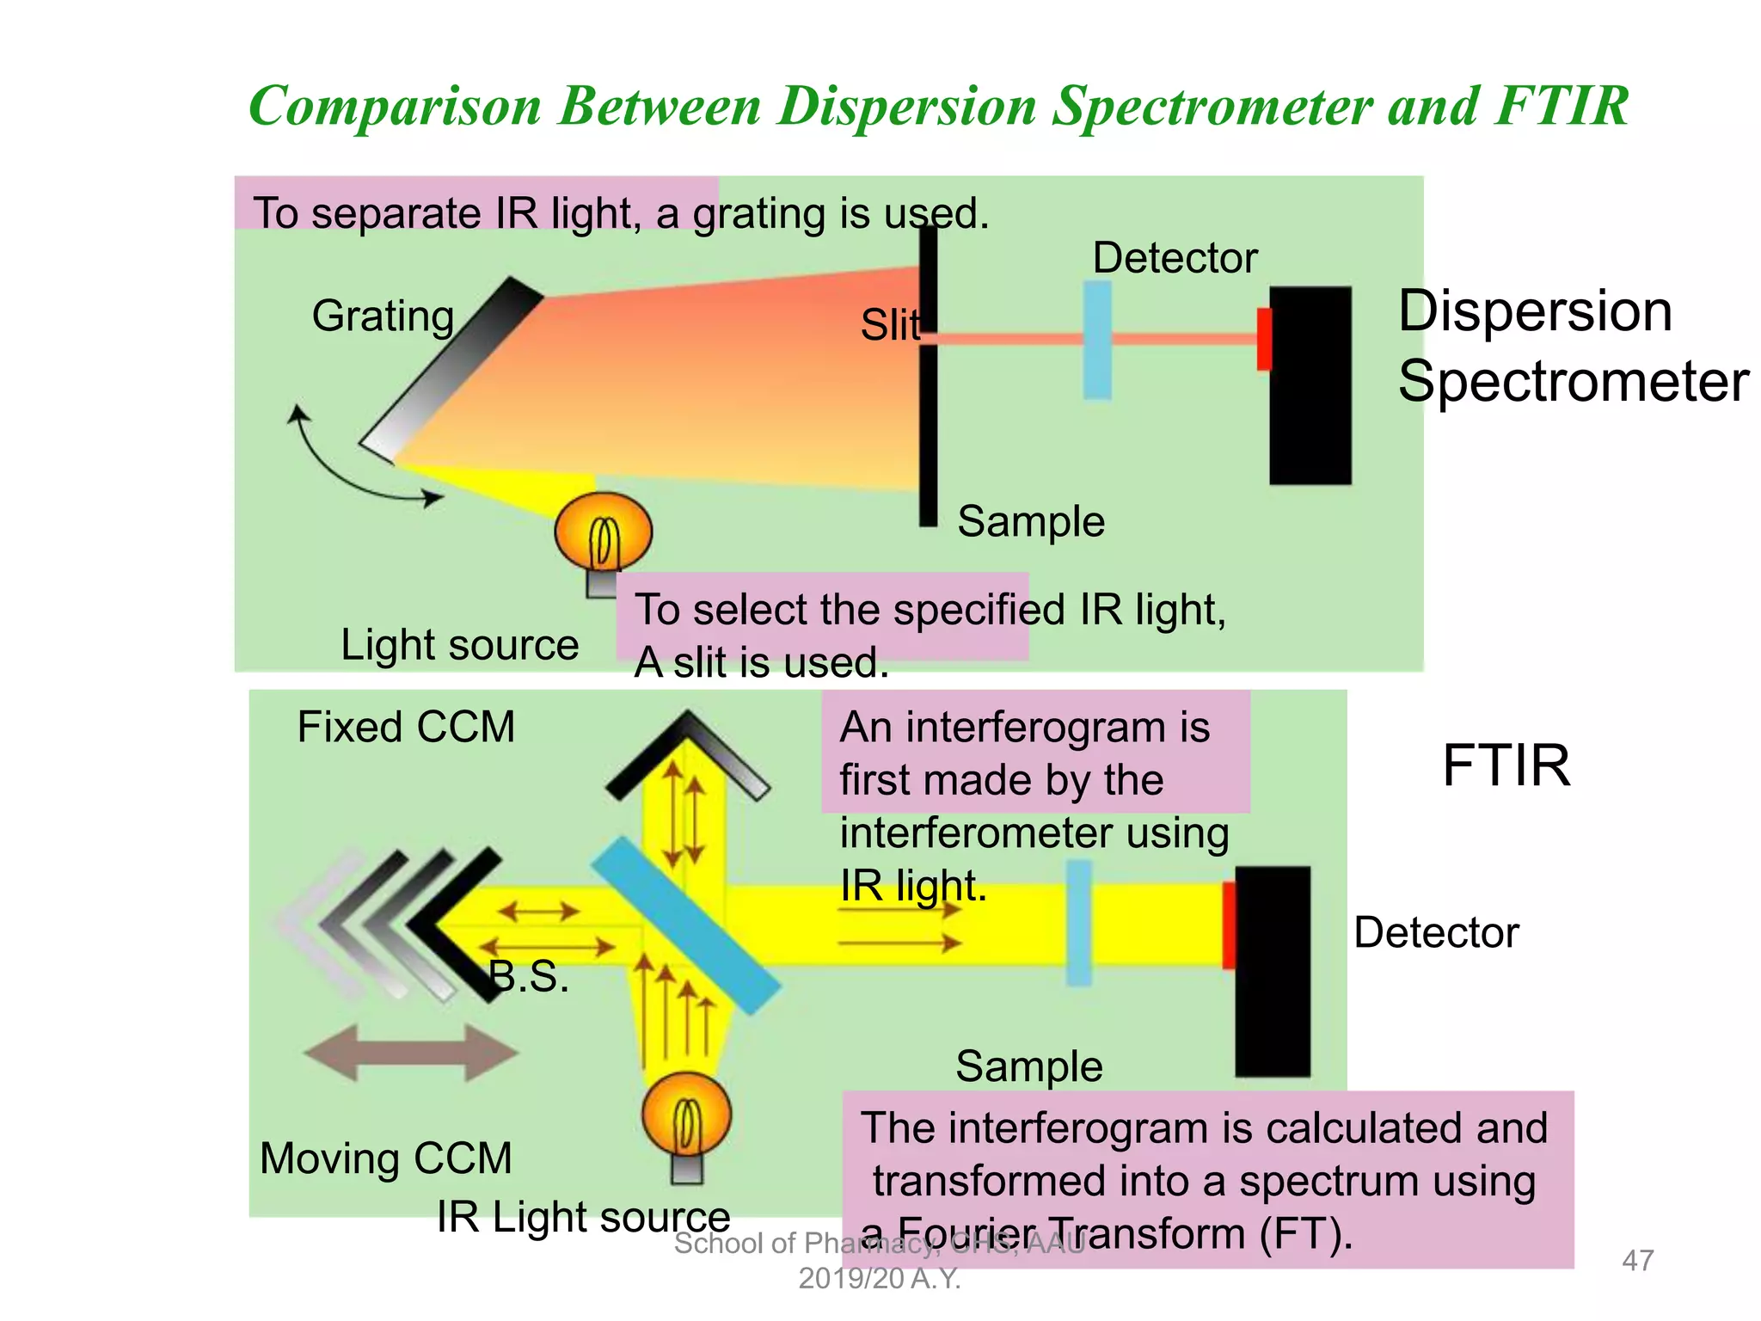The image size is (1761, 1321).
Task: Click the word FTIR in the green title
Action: tap(1561, 107)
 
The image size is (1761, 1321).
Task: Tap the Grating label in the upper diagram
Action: tap(383, 316)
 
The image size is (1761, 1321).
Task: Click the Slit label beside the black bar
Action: tap(889, 326)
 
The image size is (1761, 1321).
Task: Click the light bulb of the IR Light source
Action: tap(686, 1115)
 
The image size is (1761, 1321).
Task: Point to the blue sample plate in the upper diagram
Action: tap(1097, 341)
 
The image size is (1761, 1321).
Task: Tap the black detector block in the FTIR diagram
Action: tap(1273, 972)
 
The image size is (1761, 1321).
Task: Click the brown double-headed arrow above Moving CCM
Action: tap(411, 1052)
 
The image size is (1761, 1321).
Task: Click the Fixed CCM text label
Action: tap(406, 728)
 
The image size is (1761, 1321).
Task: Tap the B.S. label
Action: tap(529, 977)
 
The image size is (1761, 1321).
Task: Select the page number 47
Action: tap(1637, 1261)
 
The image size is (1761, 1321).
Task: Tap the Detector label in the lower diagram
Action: tap(1436, 933)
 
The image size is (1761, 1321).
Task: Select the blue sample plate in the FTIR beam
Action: tap(1079, 923)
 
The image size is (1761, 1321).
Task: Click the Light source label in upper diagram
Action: tap(459, 645)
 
